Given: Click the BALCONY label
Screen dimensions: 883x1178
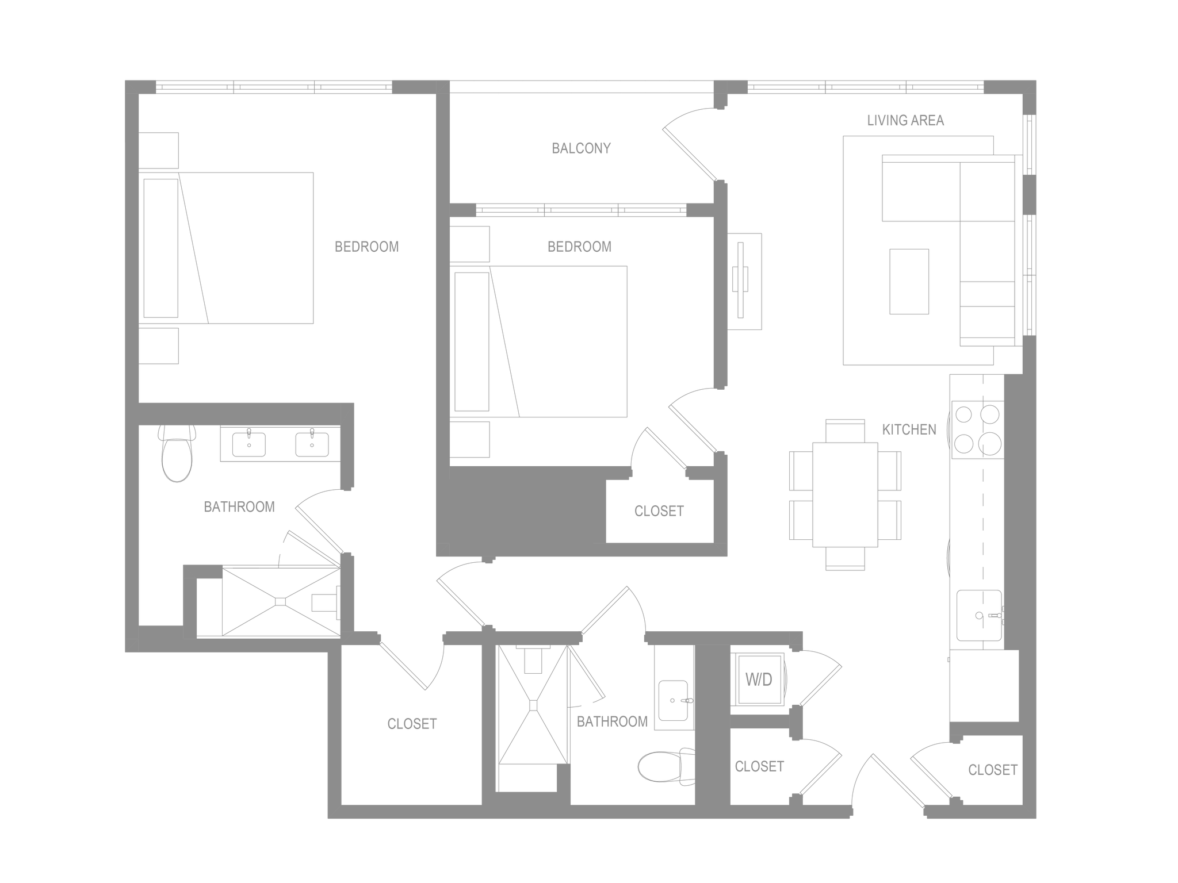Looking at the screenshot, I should point(581,148).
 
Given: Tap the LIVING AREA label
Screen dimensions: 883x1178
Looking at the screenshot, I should point(906,121).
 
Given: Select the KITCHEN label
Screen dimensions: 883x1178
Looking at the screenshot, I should point(909,429).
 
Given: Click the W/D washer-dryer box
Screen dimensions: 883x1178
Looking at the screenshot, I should point(758,680).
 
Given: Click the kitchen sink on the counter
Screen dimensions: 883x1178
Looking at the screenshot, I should point(978,616).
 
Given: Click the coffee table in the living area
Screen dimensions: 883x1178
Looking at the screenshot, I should point(909,282).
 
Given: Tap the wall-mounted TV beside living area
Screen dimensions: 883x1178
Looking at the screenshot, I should point(745,281).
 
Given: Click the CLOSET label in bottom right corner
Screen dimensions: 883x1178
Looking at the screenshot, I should point(992,769).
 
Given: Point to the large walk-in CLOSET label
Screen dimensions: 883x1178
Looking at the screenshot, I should point(412,724).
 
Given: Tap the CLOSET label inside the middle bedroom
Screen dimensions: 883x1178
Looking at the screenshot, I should point(659,511).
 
